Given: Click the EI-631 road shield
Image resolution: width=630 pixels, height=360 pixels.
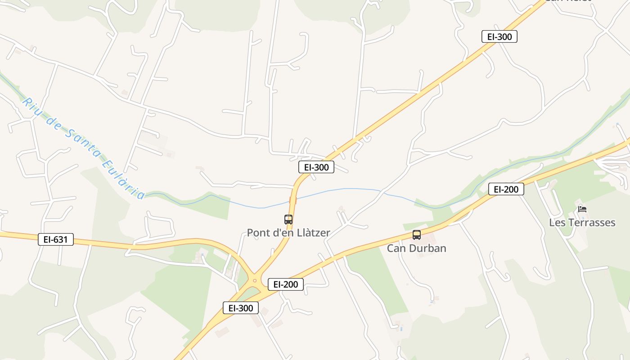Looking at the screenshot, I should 55,239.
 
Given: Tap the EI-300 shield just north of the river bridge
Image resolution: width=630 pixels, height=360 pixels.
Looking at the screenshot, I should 316,167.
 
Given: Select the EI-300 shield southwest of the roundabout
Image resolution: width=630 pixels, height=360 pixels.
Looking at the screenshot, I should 241,308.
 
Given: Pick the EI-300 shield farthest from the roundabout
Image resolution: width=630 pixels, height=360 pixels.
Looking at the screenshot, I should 499,36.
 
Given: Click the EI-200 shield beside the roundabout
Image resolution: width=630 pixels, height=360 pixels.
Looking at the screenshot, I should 286,284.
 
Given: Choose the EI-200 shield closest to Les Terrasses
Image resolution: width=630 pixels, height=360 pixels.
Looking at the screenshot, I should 506,189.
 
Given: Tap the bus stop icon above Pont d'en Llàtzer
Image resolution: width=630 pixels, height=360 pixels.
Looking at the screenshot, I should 288,220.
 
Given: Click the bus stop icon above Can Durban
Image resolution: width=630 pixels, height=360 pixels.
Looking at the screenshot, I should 417,235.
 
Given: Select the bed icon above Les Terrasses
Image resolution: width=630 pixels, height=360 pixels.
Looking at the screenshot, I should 582,209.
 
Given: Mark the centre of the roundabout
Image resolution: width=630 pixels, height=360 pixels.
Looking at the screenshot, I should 255,280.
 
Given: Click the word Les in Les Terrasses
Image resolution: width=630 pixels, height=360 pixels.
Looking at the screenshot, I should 557,223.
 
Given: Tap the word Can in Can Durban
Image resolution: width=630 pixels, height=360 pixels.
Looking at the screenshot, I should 396,248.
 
